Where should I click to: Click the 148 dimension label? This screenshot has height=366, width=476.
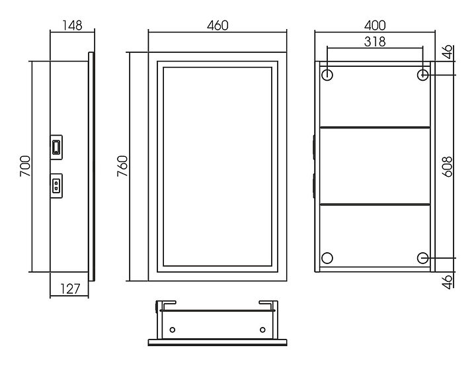pos(72,26)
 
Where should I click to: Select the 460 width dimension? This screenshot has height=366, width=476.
pos(218,26)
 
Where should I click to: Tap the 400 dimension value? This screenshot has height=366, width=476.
pos(375,26)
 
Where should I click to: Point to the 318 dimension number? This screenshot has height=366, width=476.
pos(375,41)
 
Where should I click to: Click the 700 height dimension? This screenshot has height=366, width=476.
pos(25,167)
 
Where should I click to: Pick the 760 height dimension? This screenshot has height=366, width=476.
pos(123,167)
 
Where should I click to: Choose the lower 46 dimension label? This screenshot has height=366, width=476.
pos(448,281)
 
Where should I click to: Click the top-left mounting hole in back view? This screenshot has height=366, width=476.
pos(327,74)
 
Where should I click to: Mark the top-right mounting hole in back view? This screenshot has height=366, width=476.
pos(423,75)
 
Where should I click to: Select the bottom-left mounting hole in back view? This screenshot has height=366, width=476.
pos(327,258)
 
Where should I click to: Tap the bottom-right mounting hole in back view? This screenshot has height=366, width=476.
pos(423,257)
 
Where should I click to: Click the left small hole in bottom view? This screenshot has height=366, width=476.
pos(173,329)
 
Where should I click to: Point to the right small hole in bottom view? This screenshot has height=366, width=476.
pos(262,329)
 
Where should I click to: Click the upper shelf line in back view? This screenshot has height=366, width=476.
pos(375,127)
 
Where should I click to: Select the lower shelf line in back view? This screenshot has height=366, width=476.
pos(375,205)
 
